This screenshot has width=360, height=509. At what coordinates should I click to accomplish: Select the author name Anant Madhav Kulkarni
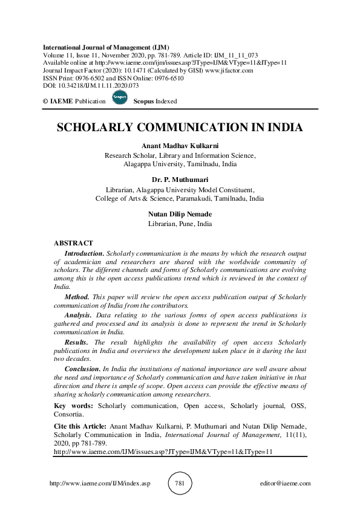(x=180, y=146)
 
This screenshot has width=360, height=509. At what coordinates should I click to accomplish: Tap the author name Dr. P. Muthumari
(x=180, y=180)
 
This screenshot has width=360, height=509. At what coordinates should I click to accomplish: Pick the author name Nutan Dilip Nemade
(x=180, y=214)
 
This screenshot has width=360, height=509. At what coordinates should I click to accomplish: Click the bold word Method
(x=77, y=297)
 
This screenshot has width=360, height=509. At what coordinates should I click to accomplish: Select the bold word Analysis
(x=79, y=315)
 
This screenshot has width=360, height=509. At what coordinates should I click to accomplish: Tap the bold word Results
(x=77, y=342)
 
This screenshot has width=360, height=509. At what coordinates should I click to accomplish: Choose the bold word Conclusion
(x=82, y=369)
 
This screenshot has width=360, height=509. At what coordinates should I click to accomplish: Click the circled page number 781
(x=180, y=483)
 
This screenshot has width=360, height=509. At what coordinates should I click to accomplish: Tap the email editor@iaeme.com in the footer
(x=284, y=484)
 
